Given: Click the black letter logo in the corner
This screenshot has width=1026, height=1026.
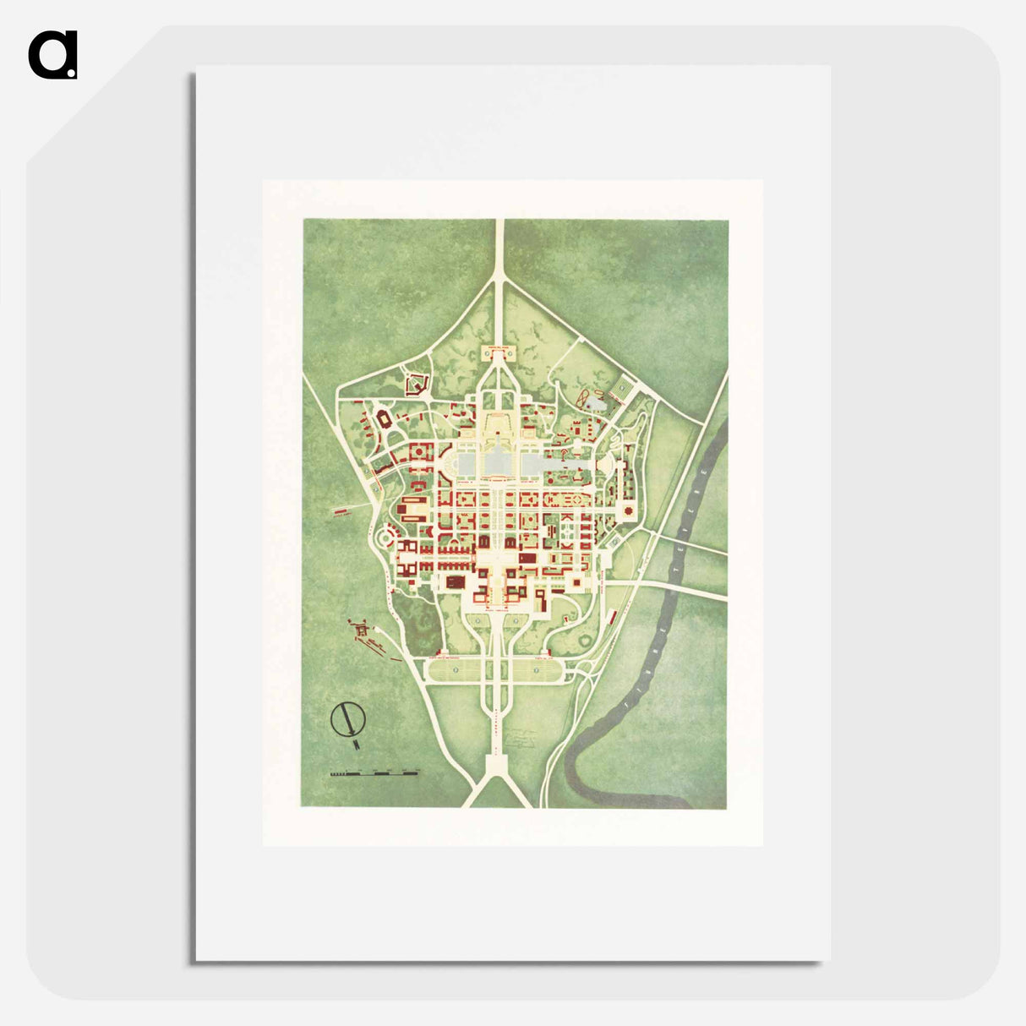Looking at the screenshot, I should [x=52, y=56].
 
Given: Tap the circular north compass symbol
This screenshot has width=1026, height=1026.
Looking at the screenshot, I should [x=347, y=719].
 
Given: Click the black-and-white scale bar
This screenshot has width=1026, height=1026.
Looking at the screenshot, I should [x=374, y=772].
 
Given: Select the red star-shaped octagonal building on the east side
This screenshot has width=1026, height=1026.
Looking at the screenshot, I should [x=628, y=512].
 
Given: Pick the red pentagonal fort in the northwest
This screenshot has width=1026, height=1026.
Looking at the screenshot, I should [x=415, y=385].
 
